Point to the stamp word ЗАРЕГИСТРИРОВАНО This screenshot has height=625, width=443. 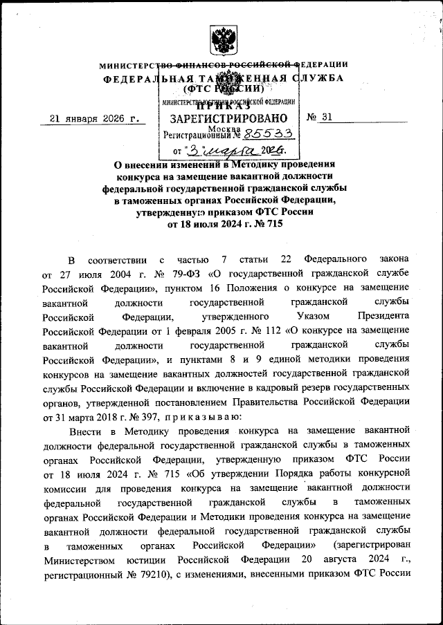pyautogui.click(x=228, y=118)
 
